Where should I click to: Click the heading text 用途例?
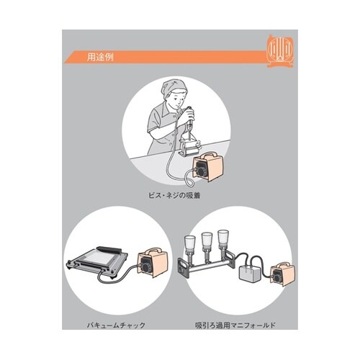(x=100, y=58)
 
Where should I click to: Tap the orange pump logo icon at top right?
(x=280, y=51)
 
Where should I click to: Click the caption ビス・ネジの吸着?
(x=174, y=195)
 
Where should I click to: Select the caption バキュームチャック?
(x=116, y=325)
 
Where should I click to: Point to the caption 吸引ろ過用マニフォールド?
(x=235, y=325)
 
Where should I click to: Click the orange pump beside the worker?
(x=208, y=166)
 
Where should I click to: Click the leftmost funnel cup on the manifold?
(x=189, y=243)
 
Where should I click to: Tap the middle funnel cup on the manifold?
(x=207, y=240)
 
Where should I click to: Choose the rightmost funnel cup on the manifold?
(x=223, y=238)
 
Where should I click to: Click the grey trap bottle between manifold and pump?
(x=251, y=274)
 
